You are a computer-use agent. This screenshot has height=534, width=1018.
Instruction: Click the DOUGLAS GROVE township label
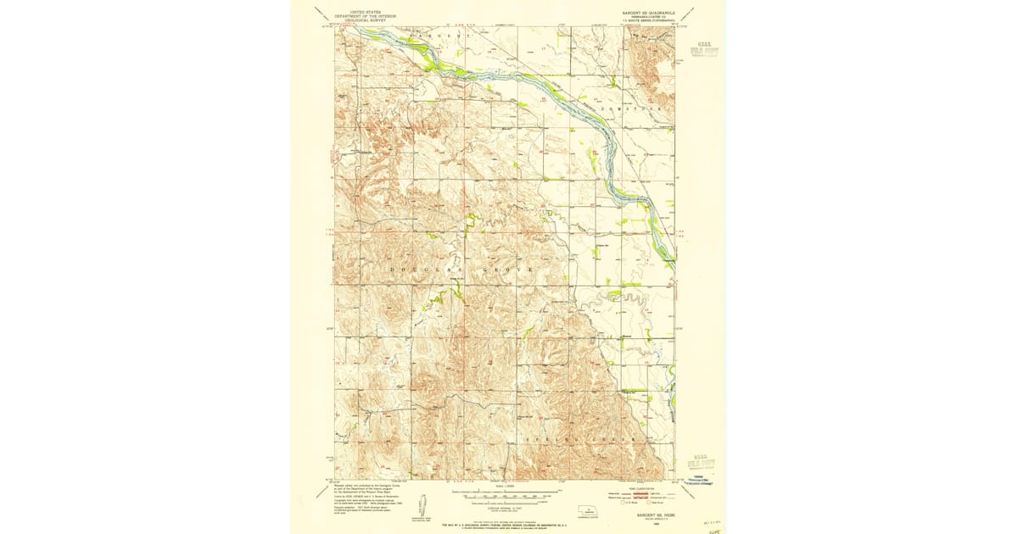[461, 269]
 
